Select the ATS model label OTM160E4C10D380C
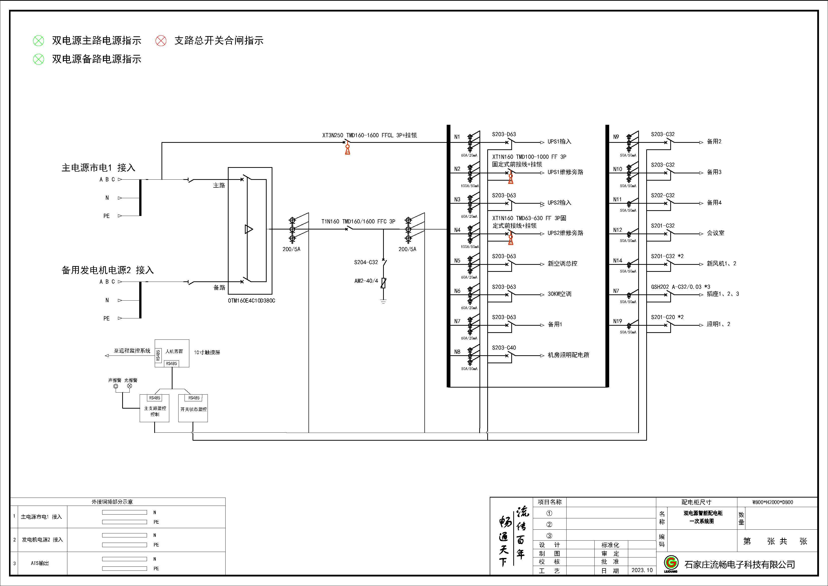[251, 301]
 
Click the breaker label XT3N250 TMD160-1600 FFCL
[369, 135]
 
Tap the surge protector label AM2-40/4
[366, 281]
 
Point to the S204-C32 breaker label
[366, 262]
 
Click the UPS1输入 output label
[559, 142]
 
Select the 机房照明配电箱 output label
[568, 355]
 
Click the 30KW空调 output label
[559, 294]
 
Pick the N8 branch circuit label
[457, 352]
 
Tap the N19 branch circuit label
[617, 321]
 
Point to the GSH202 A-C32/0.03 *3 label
[680, 287]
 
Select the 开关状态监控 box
[193, 409]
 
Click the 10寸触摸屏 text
[207, 353]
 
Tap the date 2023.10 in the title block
[642, 570]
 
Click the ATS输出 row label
[40, 563]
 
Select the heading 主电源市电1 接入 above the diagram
[98, 168]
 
